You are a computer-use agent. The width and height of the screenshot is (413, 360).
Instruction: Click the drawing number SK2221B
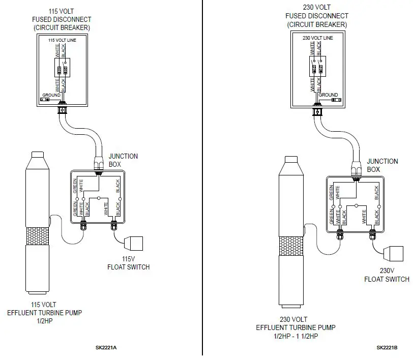pyautogui.click(x=387, y=348)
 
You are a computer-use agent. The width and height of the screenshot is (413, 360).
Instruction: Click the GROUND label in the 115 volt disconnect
pyautogui.click(x=51, y=95)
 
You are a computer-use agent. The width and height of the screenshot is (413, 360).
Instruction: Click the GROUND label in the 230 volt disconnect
pyautogui.click(x=328, y=95)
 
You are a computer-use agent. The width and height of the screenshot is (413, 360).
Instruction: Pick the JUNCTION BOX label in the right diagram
pyautogui.click(x=382, y=165)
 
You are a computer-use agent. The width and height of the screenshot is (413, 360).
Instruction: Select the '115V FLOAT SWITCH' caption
pyautogui.click(x=128, y=263)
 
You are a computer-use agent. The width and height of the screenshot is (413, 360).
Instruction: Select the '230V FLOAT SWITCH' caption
pyautogui.click(x=387, y=275)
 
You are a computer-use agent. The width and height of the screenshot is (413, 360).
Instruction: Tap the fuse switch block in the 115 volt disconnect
pyautogui.click(x=62, y=69)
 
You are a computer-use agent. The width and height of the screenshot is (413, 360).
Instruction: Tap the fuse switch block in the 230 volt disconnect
pyautogui.click(x=316, y=68)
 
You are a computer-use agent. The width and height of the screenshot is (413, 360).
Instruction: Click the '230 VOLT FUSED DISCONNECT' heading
pyautogui.click(x=317, y=16)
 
